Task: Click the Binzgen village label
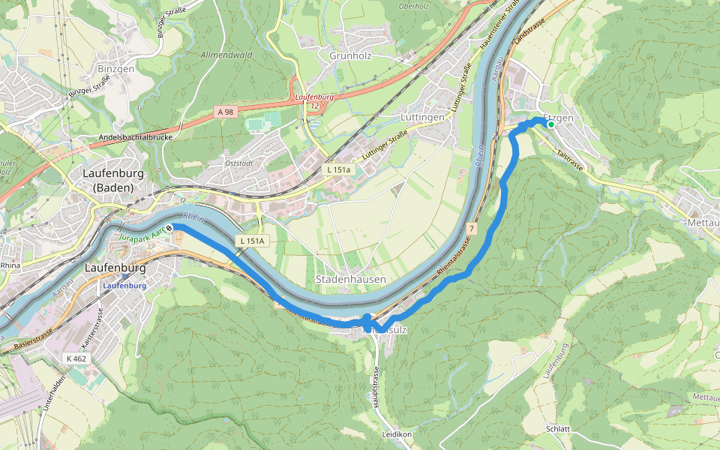coord(115,68)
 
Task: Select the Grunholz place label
coord(351,55)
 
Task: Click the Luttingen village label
coord(423,118)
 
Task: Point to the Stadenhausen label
coord(350,279)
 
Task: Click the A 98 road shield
coord(224,112)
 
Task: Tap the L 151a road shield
coord(338,170)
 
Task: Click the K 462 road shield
coord(78,358)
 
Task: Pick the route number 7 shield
coord(471,227)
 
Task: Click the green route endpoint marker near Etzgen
coord(551,124)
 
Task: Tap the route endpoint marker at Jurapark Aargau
coord(170,228)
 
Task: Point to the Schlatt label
coord(559,429)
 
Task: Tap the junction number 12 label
coord(314,106)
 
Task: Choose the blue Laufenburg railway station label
coord(124,286)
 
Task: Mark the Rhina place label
coord(10,265)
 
